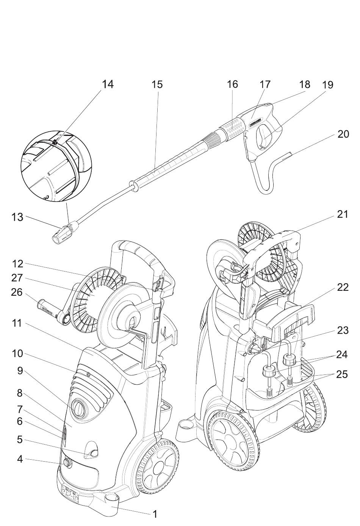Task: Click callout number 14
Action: click(x=108, y=84)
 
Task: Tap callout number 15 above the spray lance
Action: click(x=157, y=84)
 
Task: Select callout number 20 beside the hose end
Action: click(x=343, y=134)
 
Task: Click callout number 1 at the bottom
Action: click(x=155, y=514)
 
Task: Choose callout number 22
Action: click(x=343, y=287)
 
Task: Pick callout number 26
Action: click(x=17, y=292)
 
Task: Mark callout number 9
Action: click(x=20, y=370)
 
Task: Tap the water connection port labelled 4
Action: click(x=68, y=463)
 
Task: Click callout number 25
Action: click(x=342, y=374)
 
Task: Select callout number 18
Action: click(x=304, y=84)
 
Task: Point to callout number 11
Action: click(x=17, y=323)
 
